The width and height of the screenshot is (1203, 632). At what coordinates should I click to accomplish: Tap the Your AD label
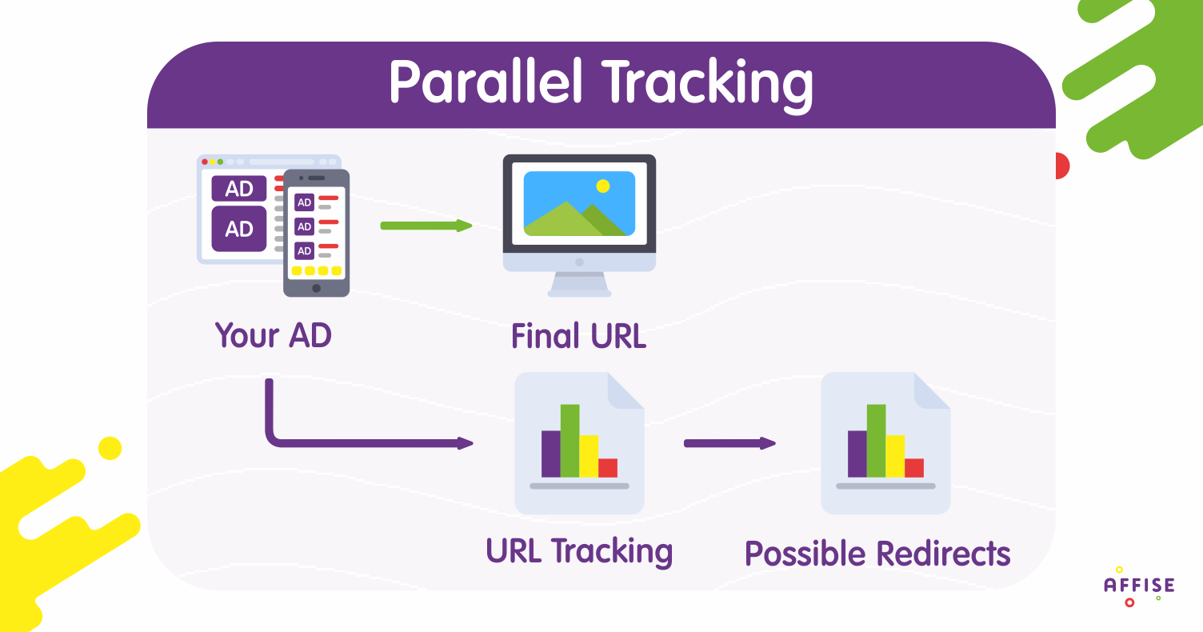pyautogui.click(x=274, y=335)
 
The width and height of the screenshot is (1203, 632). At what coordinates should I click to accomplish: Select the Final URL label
pyautogui.click(x=579, y=336)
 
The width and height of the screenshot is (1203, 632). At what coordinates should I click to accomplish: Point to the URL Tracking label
pyautogui.click(x=579, y=551)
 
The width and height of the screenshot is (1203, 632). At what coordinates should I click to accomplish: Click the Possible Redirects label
pyautogui.click(x=877, y=554)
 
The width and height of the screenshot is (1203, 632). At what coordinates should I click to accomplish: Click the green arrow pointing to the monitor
pyautogui.click(x=426, y=226)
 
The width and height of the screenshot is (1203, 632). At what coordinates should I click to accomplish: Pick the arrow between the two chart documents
pyautogui.click(x=729, y=443)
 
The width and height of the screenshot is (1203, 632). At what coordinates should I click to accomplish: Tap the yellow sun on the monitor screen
pyautogui.click(x=603, y=186)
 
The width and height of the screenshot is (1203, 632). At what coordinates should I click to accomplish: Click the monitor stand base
pyautogui.click(x=579, y=293)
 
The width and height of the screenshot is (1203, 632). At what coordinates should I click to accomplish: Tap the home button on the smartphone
pyautogui.click(x=316, y=288)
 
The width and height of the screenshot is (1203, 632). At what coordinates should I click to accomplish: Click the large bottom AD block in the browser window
pyautogui.click(x=239, y=229)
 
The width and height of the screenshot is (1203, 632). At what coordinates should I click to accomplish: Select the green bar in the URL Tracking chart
pyautogui.click(x=570, y=441)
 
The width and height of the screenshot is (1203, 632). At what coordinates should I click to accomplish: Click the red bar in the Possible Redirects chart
pyautogui.click(x=914, y=468)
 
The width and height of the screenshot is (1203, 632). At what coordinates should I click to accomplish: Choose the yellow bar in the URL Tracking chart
pyautogui.click(x=589, y=456)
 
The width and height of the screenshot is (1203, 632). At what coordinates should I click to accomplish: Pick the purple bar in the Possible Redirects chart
pyautogui.click(x=857, y=454)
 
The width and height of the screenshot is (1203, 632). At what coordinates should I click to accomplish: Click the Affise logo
pyautogui.click(x=1139, y=586)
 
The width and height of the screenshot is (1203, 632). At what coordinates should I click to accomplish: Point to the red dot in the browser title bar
pyautogui.click(x=205, y=162)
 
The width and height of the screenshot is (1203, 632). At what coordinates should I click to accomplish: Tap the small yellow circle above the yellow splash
pyautogui.click(x=110, y=448)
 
